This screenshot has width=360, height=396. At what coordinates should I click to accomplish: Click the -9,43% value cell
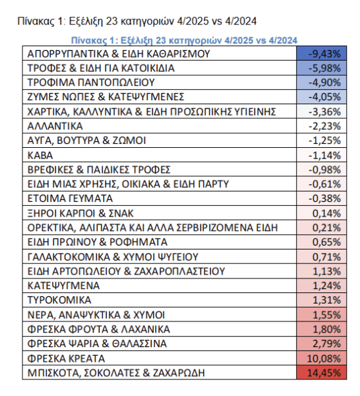click(319, 53)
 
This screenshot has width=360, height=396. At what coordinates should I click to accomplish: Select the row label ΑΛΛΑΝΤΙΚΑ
click(55, 125)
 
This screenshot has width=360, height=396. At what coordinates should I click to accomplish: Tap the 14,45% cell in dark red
click(319, 372)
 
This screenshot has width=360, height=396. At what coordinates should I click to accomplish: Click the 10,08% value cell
click(319, 358)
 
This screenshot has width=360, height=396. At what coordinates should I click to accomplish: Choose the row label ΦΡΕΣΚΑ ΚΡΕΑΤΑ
click(65, 358)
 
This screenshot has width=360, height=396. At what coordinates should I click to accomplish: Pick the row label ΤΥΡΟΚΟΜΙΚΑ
click(58, 300)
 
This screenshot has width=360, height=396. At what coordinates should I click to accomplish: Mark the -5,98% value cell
click(319, 68)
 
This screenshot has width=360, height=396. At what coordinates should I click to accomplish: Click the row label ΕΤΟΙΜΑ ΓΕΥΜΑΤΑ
click(71, 198)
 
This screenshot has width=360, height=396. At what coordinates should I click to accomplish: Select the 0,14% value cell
click(319, 213)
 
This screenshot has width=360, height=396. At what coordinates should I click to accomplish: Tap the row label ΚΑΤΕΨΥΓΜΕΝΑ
click(63, 285)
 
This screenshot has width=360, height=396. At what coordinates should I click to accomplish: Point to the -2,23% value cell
click(319, 125)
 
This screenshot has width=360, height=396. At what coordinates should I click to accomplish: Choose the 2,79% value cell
click(319, 343)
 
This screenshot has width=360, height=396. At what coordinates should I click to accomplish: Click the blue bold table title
click(183, 40)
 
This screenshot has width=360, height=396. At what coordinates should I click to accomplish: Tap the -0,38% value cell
click(319, 198)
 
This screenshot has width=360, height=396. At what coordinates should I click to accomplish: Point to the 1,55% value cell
click(319, 314)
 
